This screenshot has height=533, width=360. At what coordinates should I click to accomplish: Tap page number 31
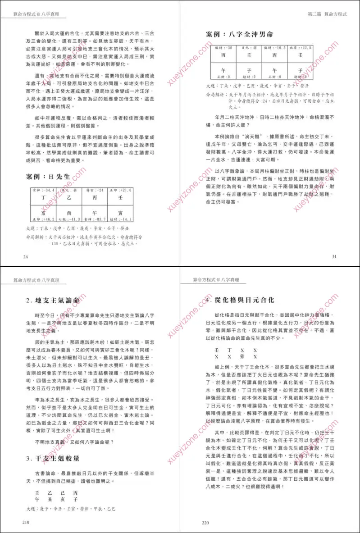click(334, 256)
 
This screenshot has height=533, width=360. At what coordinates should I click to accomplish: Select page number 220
click(206, 523)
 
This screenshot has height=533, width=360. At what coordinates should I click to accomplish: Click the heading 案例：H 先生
click(48, 177)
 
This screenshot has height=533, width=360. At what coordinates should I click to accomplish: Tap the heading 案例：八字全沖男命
click(239, 34)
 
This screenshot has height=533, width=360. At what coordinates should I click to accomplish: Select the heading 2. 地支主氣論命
click(54, 300)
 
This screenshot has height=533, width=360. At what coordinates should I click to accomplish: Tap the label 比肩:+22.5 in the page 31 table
click(301, 47)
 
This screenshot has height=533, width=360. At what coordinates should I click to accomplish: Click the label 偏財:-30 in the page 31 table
click(223, 47)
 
